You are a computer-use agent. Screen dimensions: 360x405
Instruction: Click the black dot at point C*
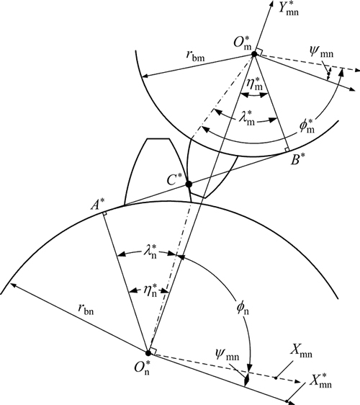point(189,184)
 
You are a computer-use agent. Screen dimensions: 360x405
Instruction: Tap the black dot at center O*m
point(254,54)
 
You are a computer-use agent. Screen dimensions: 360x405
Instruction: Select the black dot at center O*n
point(148,353)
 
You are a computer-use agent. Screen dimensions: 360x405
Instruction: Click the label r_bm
point(195,56)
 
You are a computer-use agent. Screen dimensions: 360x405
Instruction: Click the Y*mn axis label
point(289,9)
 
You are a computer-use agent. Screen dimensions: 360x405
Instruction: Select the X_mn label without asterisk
point(301,351)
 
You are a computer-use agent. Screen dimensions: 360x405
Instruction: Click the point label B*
point(298,160)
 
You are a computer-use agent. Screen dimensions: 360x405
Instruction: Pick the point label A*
point(98,205)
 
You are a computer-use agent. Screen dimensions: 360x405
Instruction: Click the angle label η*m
point(254,84)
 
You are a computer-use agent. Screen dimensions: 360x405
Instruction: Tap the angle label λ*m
point(246,118)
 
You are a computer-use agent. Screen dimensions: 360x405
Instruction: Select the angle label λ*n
point(150,251)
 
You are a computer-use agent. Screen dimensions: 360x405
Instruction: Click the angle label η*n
point(150,290)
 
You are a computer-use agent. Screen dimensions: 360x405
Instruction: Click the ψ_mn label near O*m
point(321,53)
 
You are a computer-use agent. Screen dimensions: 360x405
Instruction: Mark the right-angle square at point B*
point(287,150)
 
